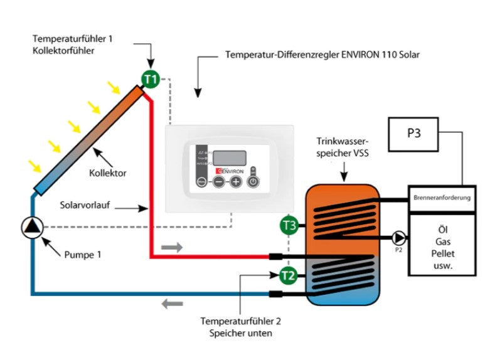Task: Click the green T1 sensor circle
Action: (150, 79)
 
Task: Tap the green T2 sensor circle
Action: (288, 275)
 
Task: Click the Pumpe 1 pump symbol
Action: (32, 228)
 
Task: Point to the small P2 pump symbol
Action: (398, 238)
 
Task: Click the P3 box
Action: (414, 134)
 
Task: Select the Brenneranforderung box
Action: (442, 198)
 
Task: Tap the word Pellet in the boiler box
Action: (442, 253)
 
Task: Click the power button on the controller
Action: (252, 182)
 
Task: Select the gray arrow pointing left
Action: (171, 304)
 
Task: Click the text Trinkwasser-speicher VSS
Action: (344, 147)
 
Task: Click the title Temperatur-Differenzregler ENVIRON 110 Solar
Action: (322, 55)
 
